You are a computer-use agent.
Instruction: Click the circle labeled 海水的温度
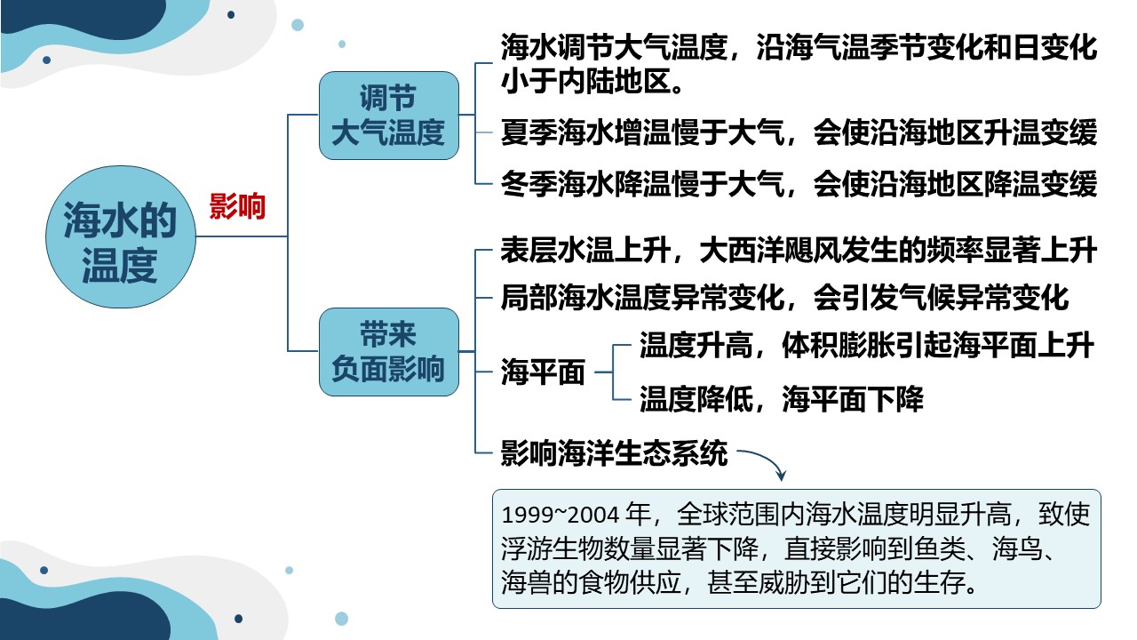121,236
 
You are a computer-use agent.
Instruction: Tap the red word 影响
237,206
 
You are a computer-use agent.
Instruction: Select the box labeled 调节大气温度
389,116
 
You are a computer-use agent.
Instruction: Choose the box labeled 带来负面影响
389,351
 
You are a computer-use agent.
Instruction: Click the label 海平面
543,372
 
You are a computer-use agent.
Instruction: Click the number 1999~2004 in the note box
560,515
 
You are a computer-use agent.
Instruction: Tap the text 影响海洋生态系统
614,452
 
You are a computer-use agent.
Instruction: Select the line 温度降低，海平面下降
781,399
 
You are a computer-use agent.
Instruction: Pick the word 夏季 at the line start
529,132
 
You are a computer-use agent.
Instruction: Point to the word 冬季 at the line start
529,184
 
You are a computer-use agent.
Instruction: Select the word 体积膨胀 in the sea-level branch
838,346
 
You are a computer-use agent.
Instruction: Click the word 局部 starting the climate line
529,298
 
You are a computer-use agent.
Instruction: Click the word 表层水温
557,251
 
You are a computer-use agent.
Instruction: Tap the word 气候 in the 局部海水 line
927,298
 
